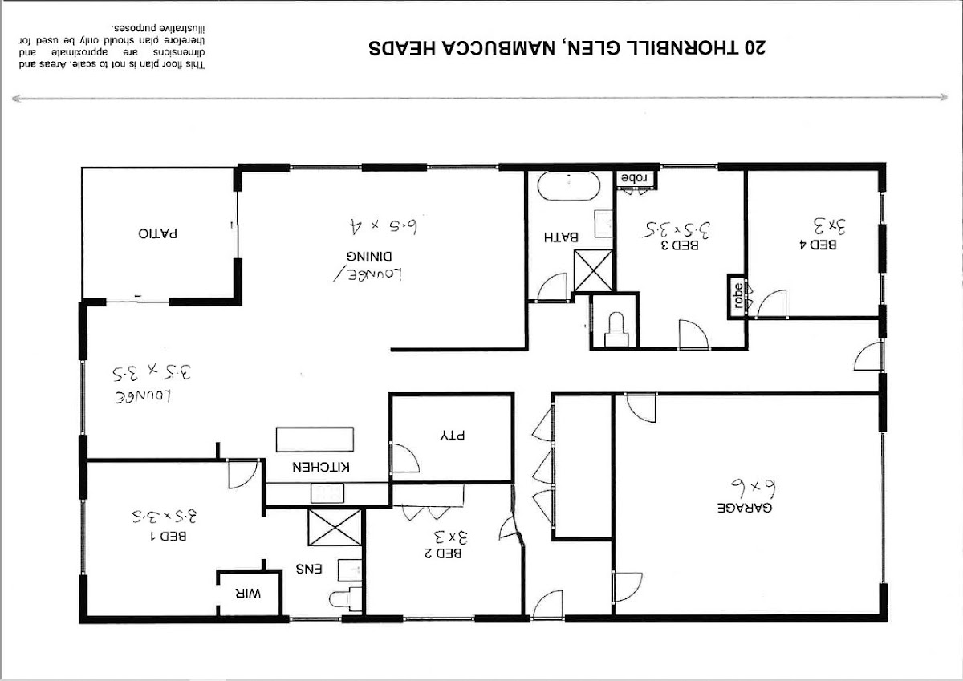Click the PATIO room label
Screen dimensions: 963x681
coord(158,233)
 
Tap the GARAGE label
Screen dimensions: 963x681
coord(745,508)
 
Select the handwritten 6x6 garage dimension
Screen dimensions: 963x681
coord(754,487)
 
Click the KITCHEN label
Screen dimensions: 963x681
coord(321,467)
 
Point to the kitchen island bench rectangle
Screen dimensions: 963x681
coord(315,439)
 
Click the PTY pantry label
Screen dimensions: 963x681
coord(453,436)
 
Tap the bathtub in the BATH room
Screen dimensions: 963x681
coord(569,186)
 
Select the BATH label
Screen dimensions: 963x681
coord(561,237)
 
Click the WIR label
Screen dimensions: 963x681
coord(248,594)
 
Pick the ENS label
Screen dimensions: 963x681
coord(309,570)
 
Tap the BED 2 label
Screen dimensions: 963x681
coord(443,553)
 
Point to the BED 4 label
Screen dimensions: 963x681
coord(818,245)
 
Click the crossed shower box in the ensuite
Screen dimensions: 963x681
coord(335,528)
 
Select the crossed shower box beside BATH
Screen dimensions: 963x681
coord(594,270)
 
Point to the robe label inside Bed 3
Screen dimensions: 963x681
coord(635,178)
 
